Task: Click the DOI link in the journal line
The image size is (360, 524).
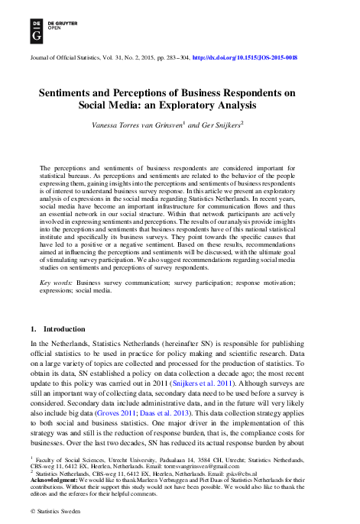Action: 245,57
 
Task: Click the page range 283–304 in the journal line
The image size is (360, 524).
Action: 173,57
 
